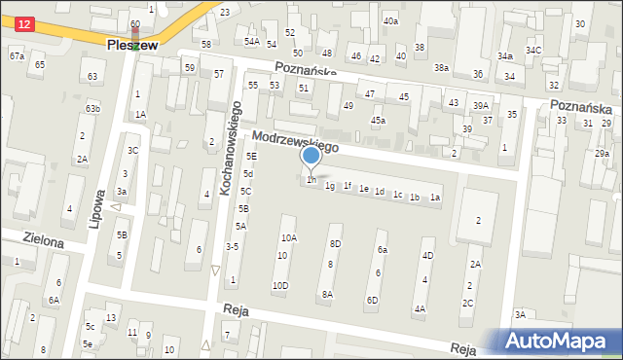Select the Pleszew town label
coord(134,45)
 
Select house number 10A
coord(289,237)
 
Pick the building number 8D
coord(335,243)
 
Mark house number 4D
coord(427,255)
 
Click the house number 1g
coord(330,186)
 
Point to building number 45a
coord(378,121)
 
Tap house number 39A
coord(481,105)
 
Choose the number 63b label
coord(92,108)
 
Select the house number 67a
coord(18,56)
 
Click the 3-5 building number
coord(232,247)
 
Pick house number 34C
coord(533,50)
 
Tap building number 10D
coord(280,285)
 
